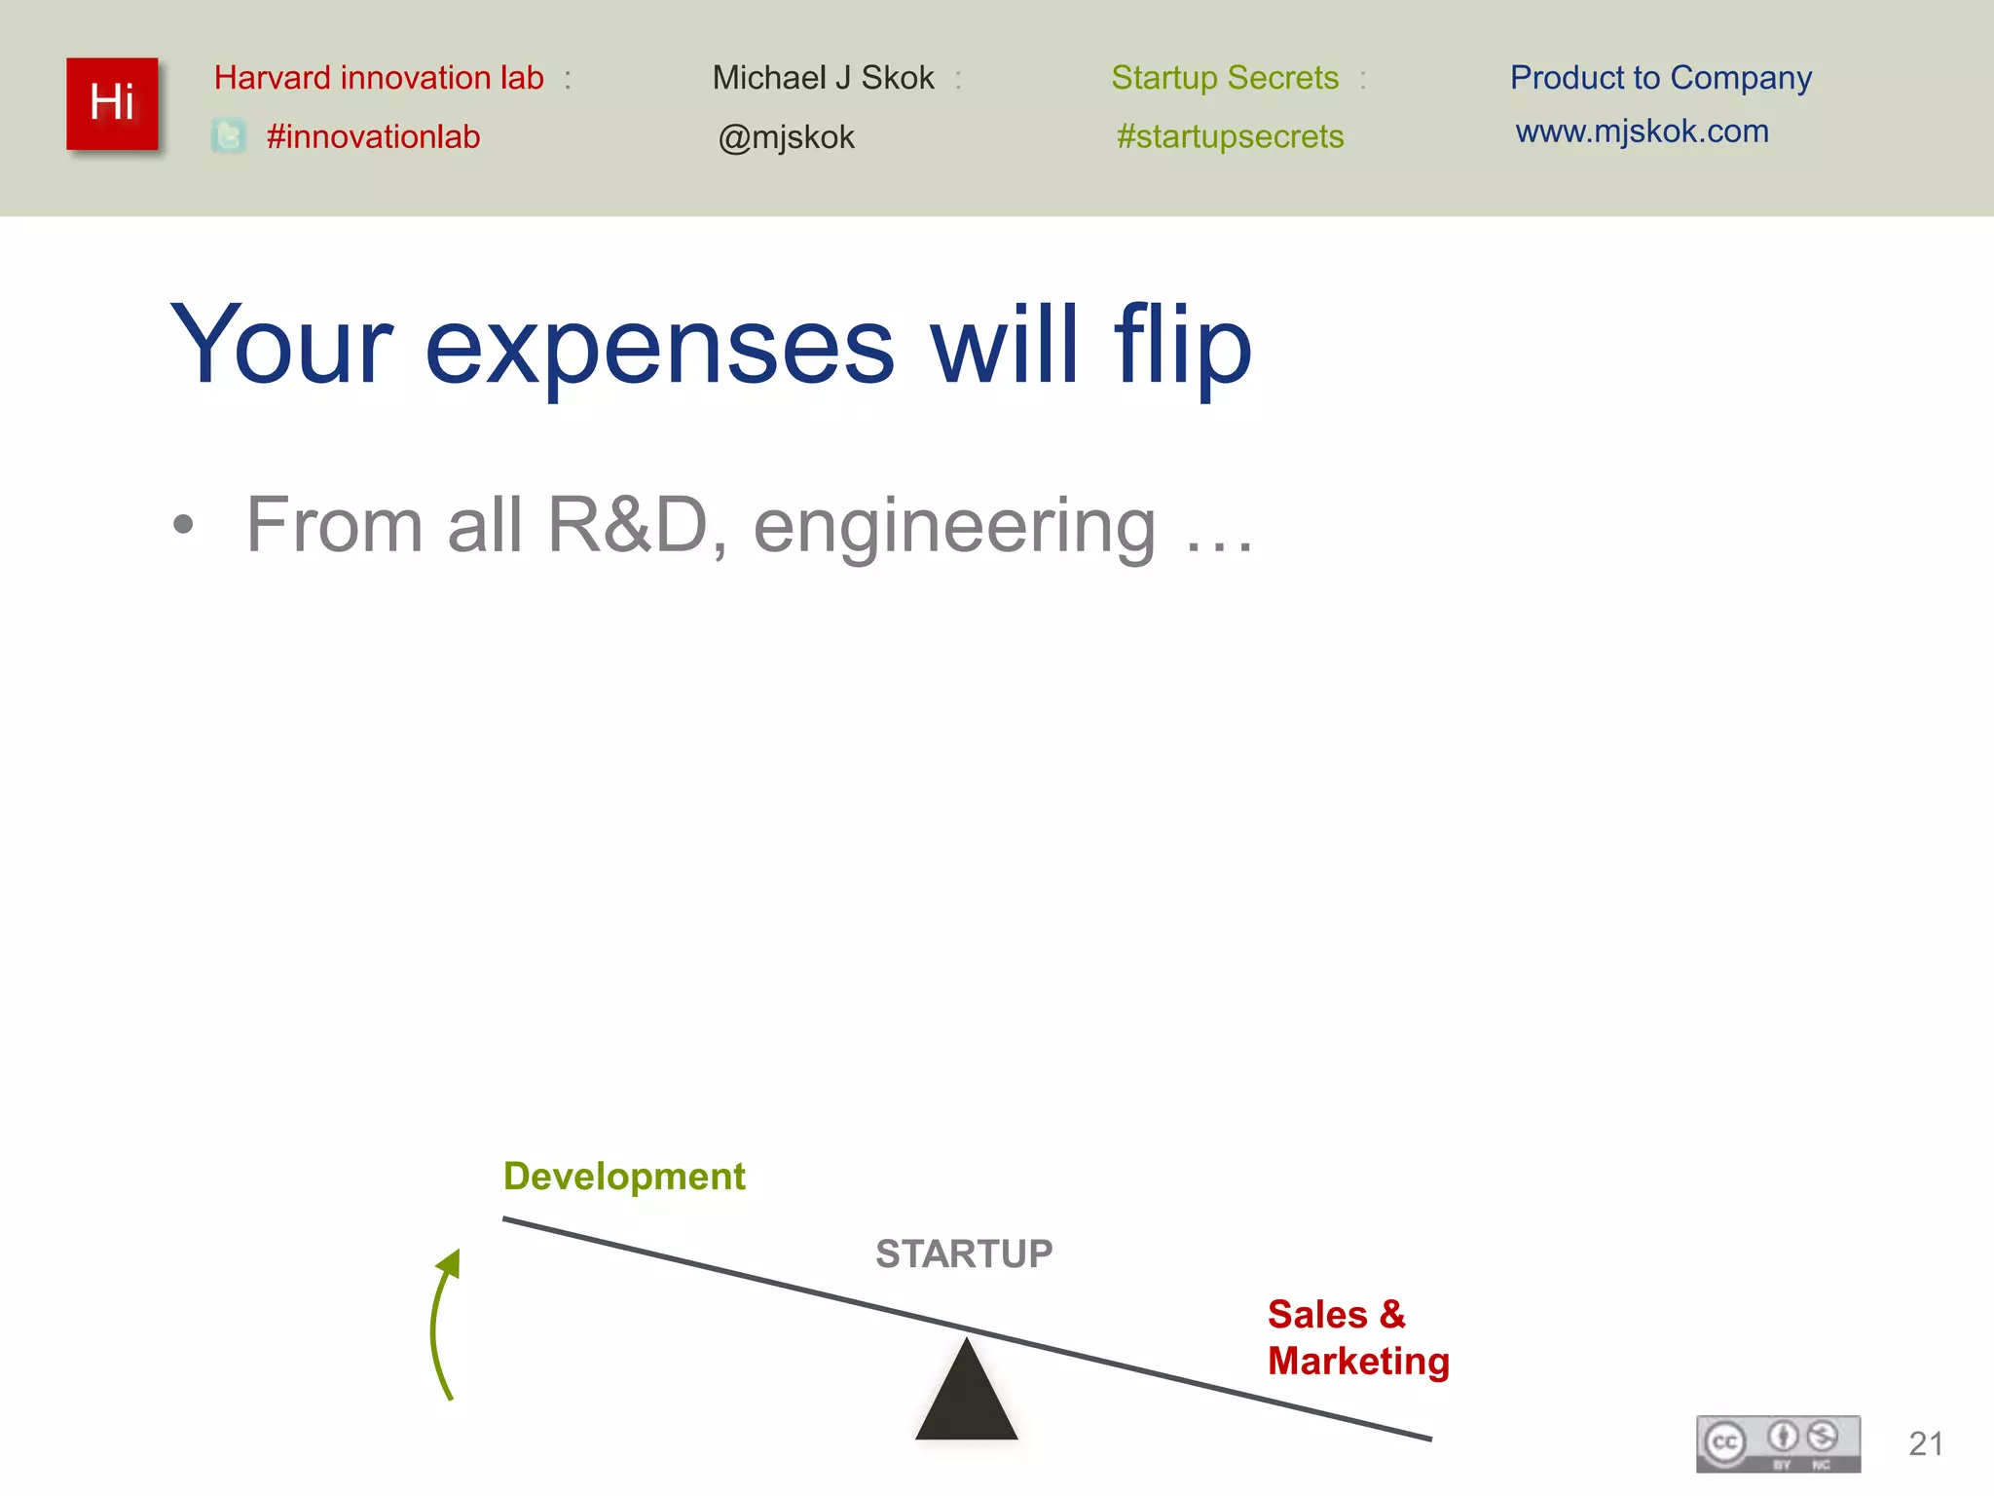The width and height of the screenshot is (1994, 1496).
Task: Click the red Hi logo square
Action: pos(112,103)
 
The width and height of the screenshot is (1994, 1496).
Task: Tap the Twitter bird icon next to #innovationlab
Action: pos(229,136)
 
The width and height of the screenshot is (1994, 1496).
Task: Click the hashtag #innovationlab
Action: pos(373,136)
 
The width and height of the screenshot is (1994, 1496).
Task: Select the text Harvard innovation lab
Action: pos(379,78)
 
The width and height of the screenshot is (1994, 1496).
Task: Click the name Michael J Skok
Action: pos(823,78)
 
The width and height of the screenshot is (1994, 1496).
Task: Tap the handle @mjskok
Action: pos(786,137)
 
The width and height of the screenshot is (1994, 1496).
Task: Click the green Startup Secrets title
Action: pos(1225,78)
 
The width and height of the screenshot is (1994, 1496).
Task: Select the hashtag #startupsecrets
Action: pos(1230,136)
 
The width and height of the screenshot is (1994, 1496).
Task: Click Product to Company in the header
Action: pos(1660,78)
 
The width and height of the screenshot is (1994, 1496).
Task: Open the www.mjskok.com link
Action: pos(1642,131)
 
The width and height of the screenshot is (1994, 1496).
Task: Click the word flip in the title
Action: pos(1182,346)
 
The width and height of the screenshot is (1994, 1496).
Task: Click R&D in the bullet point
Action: pos(627,525)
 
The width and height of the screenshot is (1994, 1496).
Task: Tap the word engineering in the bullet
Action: pos(954,527)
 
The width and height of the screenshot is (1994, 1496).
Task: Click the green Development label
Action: pos(624,1177)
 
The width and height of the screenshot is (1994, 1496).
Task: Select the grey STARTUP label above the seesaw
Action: pos(964,1253)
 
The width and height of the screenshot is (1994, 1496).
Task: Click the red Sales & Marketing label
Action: pos(1357,1337)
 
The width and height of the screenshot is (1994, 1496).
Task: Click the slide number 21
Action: pos(1925,1443)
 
